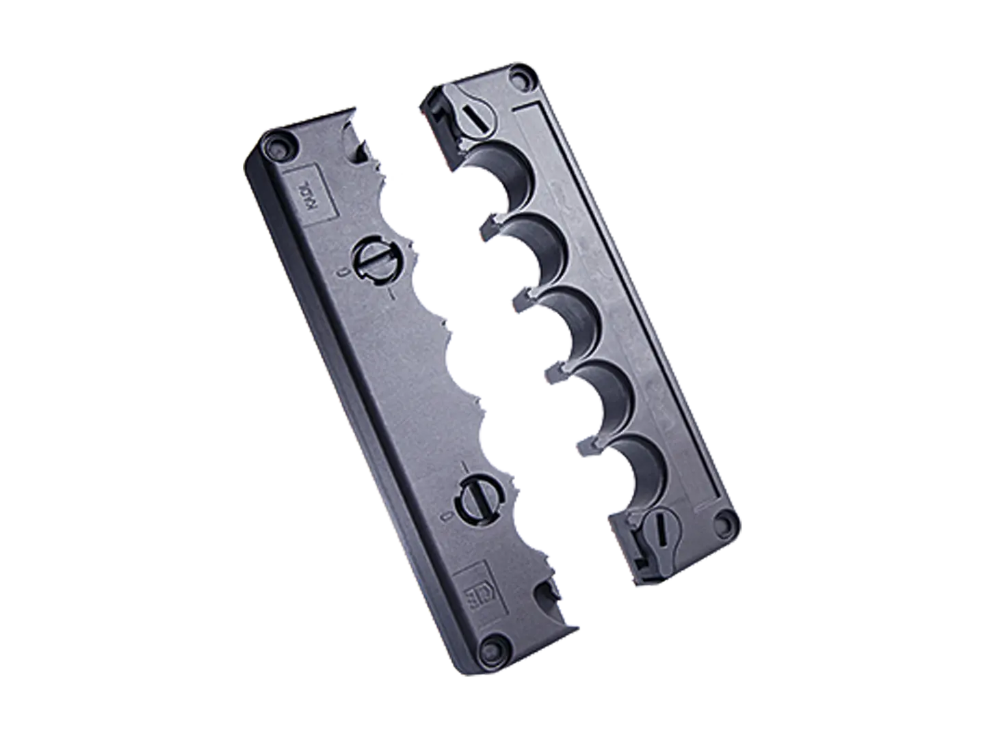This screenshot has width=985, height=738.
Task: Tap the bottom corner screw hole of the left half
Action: (490, 646)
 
